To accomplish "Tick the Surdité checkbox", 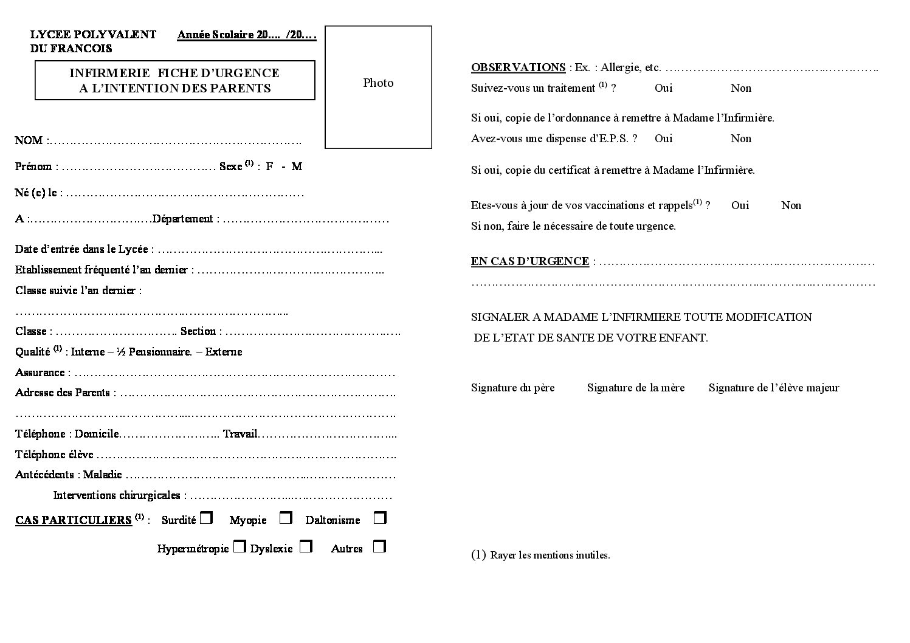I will [x=207, y=518].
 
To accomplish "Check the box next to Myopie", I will [x=286, y=518].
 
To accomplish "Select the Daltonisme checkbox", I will [x=380, y=518].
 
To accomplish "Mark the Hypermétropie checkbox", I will [x=240, y=546].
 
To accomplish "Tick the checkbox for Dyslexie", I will [x=306, y=546].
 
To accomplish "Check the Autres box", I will [x=380, y=546].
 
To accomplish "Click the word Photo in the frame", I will [x=378, y=83].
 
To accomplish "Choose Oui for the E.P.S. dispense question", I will [x=663, y=139].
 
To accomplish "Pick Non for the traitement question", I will [x=741, y=88].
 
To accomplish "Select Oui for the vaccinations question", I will [x=740, y=205].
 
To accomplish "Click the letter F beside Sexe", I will [x=269, y=167].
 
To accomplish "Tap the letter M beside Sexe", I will [x=297, y=167].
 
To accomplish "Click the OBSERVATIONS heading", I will [x=518, y=67].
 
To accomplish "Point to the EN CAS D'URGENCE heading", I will [x=529, y=261].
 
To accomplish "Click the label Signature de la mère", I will [x=635, y=388].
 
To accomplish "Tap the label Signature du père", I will [x=512, y=388].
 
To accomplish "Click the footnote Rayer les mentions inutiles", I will [x=550, y=555].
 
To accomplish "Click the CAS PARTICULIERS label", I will [x=74, y=520].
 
